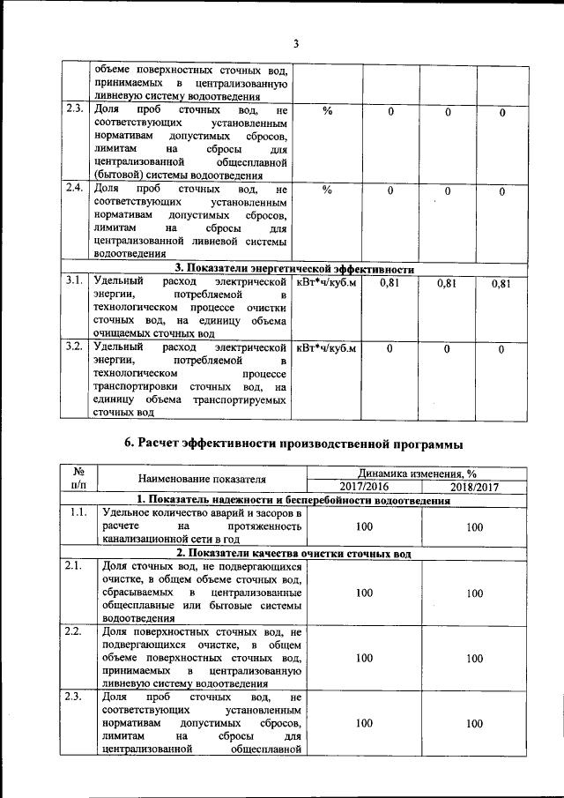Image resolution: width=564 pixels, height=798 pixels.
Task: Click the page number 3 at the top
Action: coord(296,43)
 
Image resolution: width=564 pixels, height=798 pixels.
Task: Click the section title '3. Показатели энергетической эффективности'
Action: coord(294,269)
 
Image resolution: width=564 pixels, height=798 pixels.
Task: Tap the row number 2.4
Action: coord(74,188)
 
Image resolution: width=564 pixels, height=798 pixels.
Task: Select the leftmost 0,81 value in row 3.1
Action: coord(390,283)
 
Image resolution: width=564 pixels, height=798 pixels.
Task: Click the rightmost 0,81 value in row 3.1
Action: coord(501,283)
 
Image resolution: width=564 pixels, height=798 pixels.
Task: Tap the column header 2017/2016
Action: coord(363,487)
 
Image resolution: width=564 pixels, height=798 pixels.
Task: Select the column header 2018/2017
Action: coord(474,487)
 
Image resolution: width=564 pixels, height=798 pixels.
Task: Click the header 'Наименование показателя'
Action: coord(202,479)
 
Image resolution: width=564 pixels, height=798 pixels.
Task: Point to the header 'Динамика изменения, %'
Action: coord(419,473)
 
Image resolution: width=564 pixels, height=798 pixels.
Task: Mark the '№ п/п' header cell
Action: coord(78,479)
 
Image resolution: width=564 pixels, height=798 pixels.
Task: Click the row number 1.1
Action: coord(78,512)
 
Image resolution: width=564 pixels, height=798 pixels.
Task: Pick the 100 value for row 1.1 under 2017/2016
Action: coord(363,526)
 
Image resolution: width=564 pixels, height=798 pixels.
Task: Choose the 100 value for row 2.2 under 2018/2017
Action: coord(474,658)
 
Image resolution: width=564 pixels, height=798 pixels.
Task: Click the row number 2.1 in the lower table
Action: coord(78,566)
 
